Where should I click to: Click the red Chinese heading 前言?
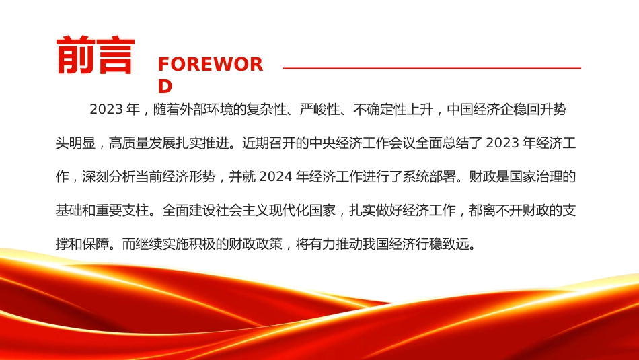tap(96, 55)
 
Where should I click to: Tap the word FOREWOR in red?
tap(211, 65)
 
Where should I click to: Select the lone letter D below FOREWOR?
tap(165, 86)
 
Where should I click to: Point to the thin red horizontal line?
tap(432, 68)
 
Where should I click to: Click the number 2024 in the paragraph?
tap(276, 176)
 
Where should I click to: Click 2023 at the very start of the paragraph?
tap(106, 109)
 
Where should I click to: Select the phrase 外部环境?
tap(206, 109)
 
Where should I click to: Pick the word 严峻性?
tap(319, 109)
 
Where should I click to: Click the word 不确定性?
tap(380, 109)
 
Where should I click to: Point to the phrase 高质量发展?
tap(142, 143)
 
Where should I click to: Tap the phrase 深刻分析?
tap(108, 176)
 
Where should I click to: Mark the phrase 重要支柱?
tap(122, 211)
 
